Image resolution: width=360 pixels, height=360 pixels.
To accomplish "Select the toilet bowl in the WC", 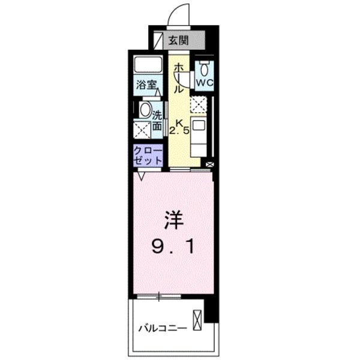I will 204,65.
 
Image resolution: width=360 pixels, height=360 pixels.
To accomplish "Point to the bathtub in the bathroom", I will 148,65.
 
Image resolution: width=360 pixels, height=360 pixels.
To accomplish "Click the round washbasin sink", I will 145,110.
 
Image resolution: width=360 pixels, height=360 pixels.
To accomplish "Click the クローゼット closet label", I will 148,155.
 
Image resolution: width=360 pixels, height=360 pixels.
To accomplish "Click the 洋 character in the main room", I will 171,220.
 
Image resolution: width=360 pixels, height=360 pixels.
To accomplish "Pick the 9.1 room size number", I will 172,246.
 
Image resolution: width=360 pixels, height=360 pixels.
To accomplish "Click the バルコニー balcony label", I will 163,328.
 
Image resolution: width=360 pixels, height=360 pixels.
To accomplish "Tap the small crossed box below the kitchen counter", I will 209,163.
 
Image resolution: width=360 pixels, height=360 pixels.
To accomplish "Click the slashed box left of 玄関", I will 158,41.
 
